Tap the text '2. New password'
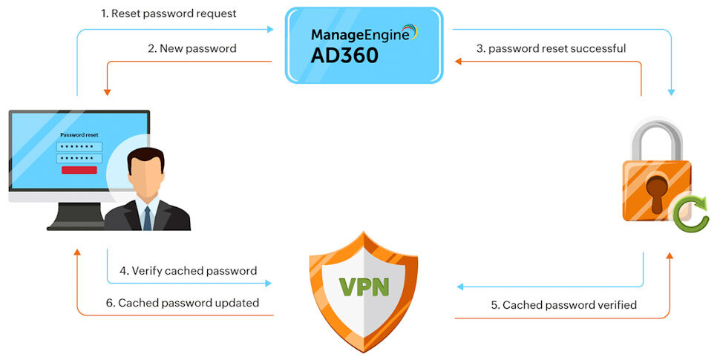192,48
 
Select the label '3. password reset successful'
551,48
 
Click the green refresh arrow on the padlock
691,214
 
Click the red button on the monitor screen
79,170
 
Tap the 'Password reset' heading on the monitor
79,135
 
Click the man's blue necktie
147,217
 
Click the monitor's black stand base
73,223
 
